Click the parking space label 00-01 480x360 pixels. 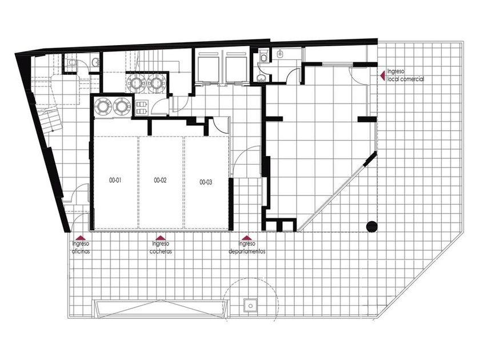tap(115, 181)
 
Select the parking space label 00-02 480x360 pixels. tap(160, 181)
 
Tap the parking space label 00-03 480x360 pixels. tap(206, 182)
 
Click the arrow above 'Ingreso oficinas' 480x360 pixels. tap(81, 238)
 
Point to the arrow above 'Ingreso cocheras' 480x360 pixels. tap(161, 238)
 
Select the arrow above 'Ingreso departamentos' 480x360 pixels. tap(247, 238)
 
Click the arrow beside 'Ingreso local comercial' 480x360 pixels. tap(382, 75)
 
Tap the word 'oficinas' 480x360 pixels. tap(81, 251)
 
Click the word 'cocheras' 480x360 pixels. tap(161, 251)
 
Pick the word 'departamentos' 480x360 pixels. tap(247, 251)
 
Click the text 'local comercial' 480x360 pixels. tap(406, 79)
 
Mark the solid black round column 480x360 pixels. tap(371, 226)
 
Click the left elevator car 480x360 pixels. tap(209, 67)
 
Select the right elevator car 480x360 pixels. tap(237, 67)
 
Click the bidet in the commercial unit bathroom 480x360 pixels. tap(279, 54)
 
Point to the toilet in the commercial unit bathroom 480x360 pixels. tap(264, 57)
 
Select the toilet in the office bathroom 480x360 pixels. tap(72, 62)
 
